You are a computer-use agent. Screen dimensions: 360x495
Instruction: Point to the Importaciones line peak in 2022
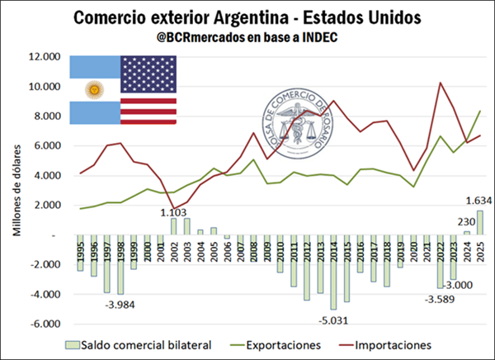pos(441,83)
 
